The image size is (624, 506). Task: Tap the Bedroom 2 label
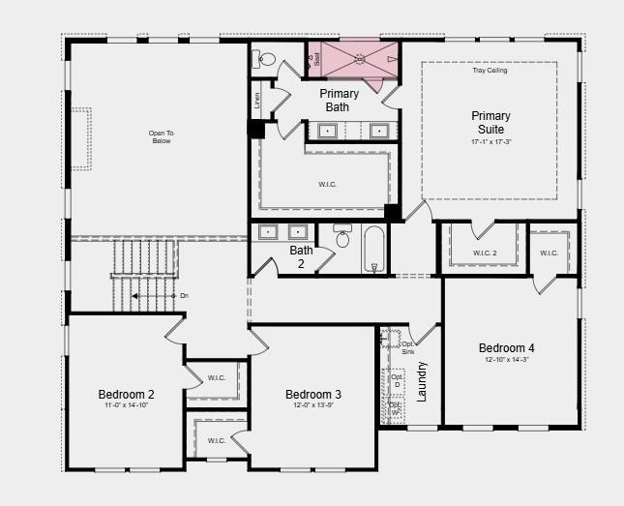[126, 394]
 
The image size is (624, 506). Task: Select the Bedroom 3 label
[312, 394]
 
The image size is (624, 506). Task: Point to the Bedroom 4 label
[506, 348]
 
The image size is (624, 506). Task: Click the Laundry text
[422, 381]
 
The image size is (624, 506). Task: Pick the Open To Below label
[161, 136]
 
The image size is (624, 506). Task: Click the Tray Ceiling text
[490, 71]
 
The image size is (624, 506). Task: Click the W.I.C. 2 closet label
[486, 253]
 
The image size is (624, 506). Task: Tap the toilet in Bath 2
[342, 237]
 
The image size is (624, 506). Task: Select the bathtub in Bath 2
[374, 249]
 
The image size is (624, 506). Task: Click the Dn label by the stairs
[184, 295]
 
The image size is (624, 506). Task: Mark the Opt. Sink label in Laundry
[408, 348]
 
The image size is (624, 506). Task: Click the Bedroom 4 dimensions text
[506, 360]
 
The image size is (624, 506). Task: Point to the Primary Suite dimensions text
[490, 141]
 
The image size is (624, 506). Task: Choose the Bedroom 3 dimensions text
[312, 406]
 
